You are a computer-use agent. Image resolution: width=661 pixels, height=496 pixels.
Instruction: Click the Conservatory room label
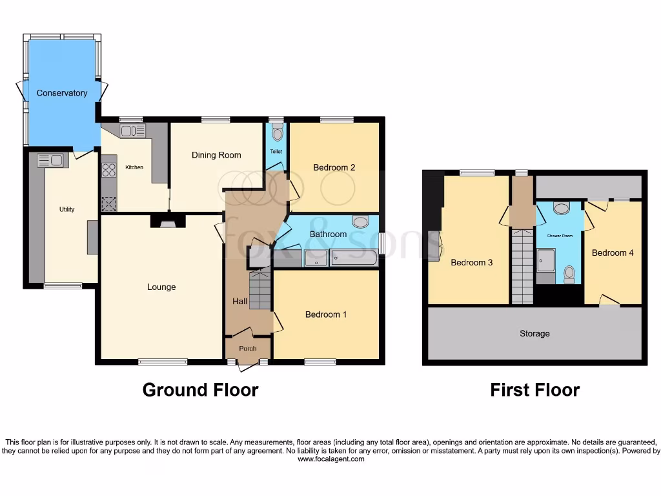[62, 93]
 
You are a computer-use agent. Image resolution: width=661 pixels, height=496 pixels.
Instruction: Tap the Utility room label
[67, 209]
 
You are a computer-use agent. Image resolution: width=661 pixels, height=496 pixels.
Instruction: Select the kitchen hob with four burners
[108, 170]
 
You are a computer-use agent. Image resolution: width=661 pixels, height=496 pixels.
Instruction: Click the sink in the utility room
[50, 160]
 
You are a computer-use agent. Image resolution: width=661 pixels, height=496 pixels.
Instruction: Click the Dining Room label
[216, 155]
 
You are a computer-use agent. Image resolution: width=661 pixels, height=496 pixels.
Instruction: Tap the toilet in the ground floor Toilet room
[278, 134]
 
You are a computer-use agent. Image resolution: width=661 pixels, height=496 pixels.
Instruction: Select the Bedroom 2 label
[334, 167]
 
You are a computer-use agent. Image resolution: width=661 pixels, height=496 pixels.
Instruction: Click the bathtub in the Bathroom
[354, 258]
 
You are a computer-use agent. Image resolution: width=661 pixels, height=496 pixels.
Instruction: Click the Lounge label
[161, 287]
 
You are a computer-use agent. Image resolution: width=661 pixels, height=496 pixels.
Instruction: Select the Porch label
[248, 349]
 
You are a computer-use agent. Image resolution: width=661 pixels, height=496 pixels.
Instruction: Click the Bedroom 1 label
[326, 315]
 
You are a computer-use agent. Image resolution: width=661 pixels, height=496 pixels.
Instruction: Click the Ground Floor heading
[200, 390]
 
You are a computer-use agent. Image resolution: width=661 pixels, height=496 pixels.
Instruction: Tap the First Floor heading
[534, 390]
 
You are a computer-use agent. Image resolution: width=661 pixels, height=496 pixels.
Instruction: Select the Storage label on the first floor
[534, 333]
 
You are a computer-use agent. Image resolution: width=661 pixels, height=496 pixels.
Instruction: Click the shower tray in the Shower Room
[546, 260]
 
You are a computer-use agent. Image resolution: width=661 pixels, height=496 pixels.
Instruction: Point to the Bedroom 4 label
[613, 253]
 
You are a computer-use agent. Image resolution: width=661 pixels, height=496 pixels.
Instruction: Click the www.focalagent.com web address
[330, 459]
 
